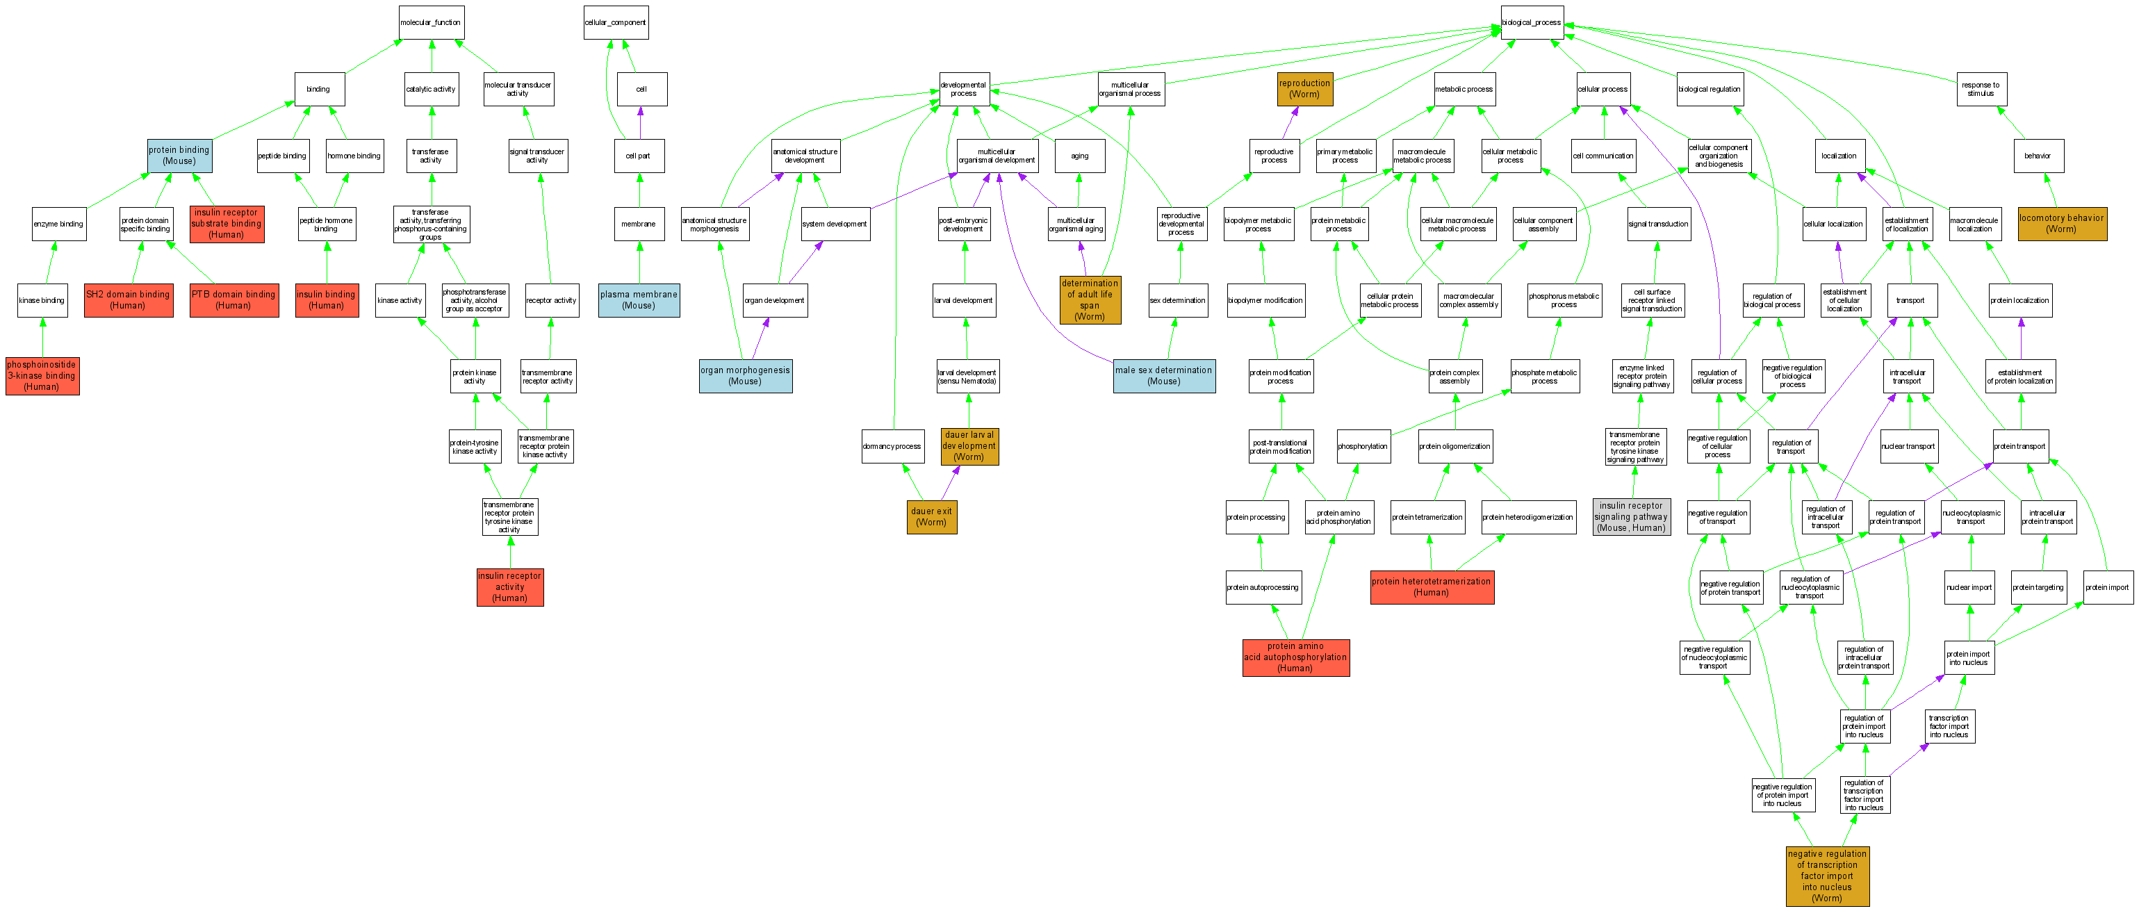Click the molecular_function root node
pos(431,22)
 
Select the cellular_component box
pos(615,22)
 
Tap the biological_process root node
pos(1531,22)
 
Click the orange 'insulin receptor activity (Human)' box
pos(510,586)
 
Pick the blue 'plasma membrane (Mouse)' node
pos(639,299)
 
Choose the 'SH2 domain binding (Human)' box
pos(128,299)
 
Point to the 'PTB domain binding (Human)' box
pos(233,299)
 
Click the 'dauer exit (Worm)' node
pos(932,516)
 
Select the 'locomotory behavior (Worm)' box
pos(2062,223)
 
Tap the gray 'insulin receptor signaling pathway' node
pos(1631,516)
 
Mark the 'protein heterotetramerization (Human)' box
pos(1432,586)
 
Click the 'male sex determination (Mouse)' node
pos(1163,376)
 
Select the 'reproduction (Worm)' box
pos(1304,89)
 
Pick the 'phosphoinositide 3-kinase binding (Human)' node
pos(42,375)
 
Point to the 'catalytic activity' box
pos(431,89)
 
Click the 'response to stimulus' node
pos(1981,89)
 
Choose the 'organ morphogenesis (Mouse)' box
pos(745,376)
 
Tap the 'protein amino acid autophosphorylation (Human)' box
pos(1295,657)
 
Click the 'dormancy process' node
pos(892,446)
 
